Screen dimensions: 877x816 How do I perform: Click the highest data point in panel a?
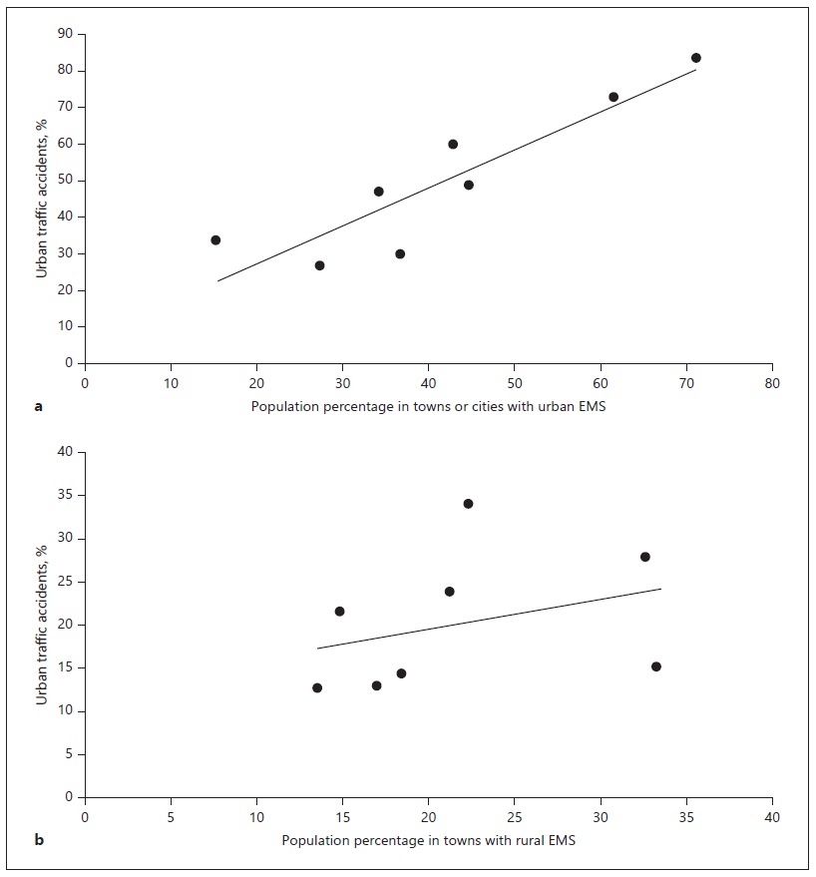click(x=696, y=58)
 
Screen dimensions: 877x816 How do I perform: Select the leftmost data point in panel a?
click(x=215, y=240)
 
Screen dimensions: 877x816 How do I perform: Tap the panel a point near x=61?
click(x=613, y=97)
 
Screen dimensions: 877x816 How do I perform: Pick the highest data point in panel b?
click(x=468, y=504)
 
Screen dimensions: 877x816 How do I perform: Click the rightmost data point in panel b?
click(x=656, y=666)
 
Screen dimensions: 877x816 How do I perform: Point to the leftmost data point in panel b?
click(x=317, y=687)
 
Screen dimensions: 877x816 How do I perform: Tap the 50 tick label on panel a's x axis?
click(x=514, y=383)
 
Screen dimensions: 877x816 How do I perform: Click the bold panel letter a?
click(x=38, y=406)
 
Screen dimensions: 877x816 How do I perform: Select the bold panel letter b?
click(x=39, y=840)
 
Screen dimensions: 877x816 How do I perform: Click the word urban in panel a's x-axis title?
click(x=539, y=406)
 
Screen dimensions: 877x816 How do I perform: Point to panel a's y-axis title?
click(x=43, y=199)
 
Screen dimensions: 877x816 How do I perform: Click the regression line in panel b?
click(x=489, y=616)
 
